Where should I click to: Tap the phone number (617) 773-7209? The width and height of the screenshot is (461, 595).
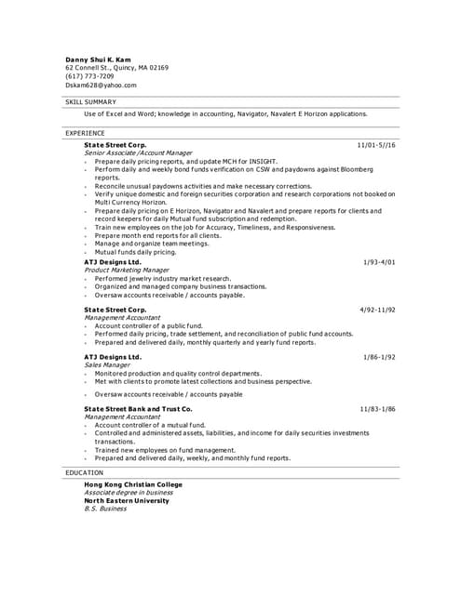coord(89,76)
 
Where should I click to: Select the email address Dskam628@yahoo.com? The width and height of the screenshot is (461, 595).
coord(101,85)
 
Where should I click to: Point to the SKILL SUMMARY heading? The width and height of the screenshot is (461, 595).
coord(90,101)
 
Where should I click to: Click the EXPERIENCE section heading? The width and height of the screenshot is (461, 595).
coord(85,133)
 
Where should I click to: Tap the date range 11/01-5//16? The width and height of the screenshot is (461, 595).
coord(376,145)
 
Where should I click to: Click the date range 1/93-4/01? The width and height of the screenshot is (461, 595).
coord(379,262)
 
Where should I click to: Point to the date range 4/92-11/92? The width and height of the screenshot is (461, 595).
coord(377,309)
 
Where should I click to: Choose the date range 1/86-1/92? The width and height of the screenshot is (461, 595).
coord(379,357)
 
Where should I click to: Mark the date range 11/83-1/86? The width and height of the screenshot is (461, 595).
coord(377,409)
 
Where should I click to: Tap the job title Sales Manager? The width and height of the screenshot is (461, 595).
coord(105,365)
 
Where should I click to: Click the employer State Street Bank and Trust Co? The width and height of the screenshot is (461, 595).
coord(138,409)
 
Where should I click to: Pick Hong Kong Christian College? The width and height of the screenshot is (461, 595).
coord(133,484)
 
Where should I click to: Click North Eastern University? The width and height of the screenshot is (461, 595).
coord(127,500)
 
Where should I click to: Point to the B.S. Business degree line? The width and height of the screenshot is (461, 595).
coord(105,509)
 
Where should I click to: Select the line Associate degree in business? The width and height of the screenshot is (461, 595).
coord(123,493)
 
